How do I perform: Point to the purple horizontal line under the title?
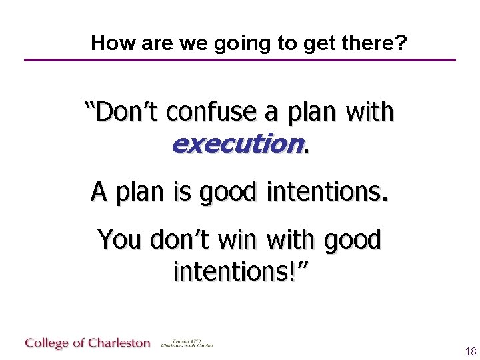pos(240,60)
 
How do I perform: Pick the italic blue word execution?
pos(237,143)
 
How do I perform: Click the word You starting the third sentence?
pos(122,239)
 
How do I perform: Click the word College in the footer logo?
pos(47,343)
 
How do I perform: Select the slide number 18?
pos(471,351)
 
